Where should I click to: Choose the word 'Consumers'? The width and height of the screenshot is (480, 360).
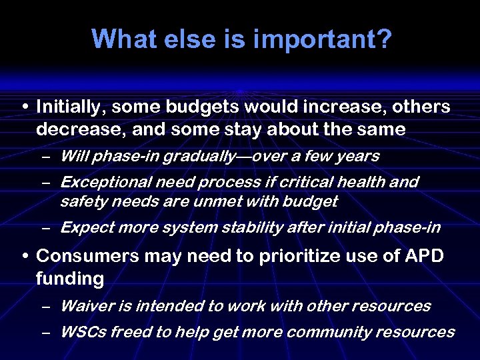[x=83, y=256]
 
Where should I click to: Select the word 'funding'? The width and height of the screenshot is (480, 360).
[x=70, y=278]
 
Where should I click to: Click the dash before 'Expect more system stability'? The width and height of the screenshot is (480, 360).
[x=46, y=228]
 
